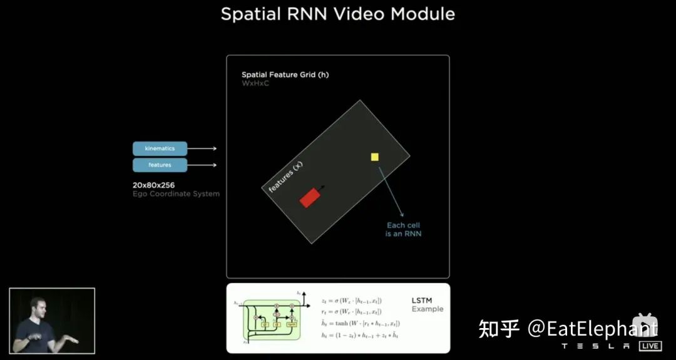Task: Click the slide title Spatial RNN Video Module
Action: coord(337,14)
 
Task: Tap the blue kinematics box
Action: coord(160,148)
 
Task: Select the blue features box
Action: coord(160,165)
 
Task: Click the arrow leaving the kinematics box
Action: coord(202,148)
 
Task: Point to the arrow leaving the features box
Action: coord(202,165)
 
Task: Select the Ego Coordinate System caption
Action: coord(176,194)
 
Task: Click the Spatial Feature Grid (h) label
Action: coord(285,75)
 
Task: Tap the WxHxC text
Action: coord(255,83)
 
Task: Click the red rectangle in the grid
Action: coord(310,197)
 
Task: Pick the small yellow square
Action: coord(375,157)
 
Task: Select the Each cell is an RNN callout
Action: coord(403,229)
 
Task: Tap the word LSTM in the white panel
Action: coord(421,301)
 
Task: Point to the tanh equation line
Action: coord(359,323)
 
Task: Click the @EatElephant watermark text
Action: coord(592,328)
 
